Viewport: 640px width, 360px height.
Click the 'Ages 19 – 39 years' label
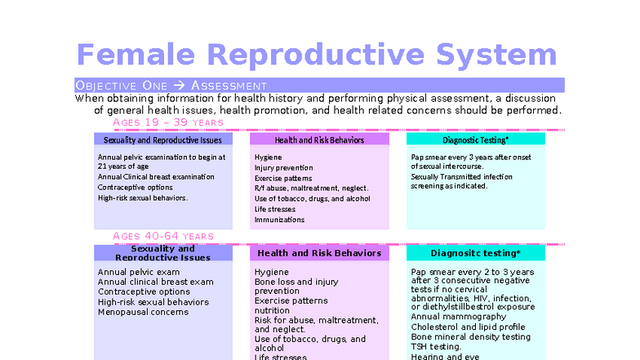(168, 122)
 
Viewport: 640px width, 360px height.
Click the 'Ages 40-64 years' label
(163, 236)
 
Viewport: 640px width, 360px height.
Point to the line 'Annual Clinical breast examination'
(156, 176)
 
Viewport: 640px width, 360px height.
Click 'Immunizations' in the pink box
(279, 220)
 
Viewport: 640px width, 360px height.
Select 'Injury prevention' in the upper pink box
(283, 167)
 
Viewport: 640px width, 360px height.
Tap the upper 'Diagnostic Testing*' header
(475, 140)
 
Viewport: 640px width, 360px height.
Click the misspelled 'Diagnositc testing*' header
(475, 253)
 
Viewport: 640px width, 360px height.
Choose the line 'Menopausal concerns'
(143, 311)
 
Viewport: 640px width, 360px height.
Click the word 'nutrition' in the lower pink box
(272, 310)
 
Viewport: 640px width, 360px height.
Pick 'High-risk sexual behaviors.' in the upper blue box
(143, 198)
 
